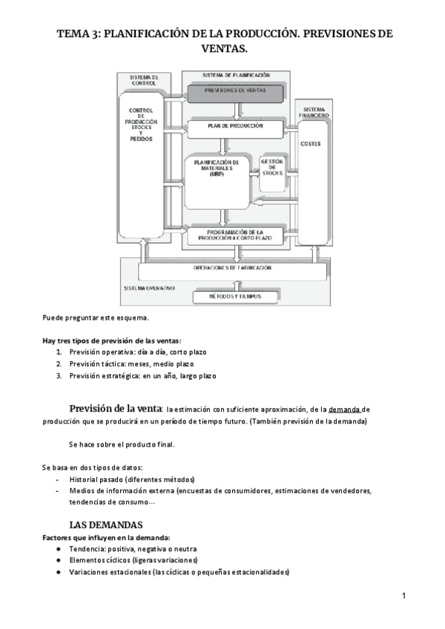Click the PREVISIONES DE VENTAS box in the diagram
pos(235,92)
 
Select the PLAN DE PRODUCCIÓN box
pos(235,128)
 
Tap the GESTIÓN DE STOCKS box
pos(272,169)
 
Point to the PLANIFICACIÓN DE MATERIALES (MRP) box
pos(217,168)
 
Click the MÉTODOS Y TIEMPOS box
pos(235,297)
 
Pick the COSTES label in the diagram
pos(311,144)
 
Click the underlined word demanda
pos(344,409)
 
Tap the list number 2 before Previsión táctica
pos(59,363)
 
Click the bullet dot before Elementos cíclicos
pos(58,560)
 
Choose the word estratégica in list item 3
pos(120,376)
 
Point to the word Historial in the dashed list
pos(86,479)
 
